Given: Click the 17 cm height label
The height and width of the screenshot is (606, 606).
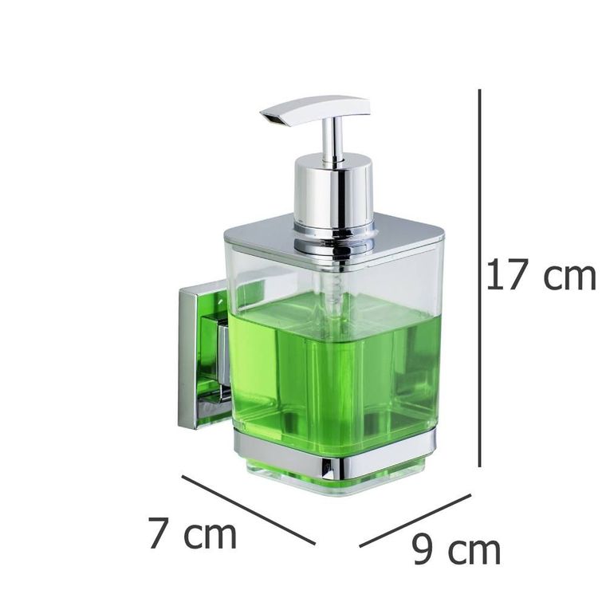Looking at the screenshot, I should point(541,276).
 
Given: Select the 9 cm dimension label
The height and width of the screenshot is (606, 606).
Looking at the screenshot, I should point(456,550).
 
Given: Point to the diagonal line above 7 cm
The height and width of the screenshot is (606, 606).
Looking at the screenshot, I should point(248,510).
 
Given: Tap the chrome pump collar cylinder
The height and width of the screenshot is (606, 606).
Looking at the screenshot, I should point(333,191).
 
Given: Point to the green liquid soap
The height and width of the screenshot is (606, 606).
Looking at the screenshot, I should point(335,367).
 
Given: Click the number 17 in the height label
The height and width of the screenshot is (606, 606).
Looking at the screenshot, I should point(506,276).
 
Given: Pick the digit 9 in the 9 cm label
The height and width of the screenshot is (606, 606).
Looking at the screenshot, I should point(423,550).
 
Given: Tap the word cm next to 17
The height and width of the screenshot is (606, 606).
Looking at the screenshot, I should point(569,277).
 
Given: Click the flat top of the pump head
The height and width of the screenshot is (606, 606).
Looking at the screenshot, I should point(319,105).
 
